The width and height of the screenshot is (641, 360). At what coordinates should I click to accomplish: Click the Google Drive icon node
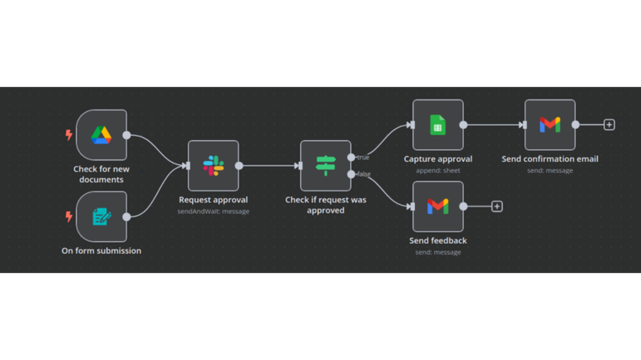(x=101, y=135)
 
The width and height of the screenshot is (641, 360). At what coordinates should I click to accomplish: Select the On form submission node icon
(x=101, y=217)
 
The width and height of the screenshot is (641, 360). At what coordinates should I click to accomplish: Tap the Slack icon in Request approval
(x=213, y=166)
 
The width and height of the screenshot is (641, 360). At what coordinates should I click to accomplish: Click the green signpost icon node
(x=326, y=166)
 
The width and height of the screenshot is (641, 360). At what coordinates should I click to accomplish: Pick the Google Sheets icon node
(x=438, y=125)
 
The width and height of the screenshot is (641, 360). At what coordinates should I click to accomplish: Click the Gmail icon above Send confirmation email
(x=550, y=125)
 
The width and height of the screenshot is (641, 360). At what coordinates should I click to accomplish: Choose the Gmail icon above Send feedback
(x=438, y=207)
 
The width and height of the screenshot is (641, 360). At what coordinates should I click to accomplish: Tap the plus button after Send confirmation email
(x=609, y=125)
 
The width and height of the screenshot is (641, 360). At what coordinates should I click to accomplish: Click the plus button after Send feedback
(x=497, y=207)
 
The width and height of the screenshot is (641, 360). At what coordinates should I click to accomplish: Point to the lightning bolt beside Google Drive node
(x=69, y=135)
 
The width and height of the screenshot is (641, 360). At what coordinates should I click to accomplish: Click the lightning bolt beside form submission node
(x=69, y=217)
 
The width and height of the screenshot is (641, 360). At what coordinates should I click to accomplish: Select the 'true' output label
(x=363, y=157)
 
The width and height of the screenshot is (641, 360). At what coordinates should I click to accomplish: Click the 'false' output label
(x=364, y=174)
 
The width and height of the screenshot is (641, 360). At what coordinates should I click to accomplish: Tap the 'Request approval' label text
(x=213, y=200)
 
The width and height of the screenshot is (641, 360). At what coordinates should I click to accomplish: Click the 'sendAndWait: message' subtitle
(x=213, y=212)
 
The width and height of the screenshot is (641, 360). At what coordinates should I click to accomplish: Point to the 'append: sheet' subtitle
(x=438, y=170)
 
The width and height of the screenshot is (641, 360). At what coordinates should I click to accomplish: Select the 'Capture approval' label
(x=438, y=159)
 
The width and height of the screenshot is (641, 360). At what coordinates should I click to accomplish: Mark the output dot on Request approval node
(x=239, y=166)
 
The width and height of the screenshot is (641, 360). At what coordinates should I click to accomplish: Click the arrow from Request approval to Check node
(x=270, y=166)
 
